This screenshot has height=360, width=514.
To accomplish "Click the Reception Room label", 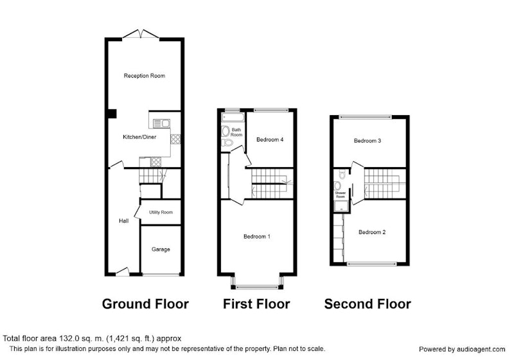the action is click(144, 76).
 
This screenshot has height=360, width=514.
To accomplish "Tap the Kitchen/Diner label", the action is click(139, 137).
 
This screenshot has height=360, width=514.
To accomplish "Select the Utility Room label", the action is click(161, 212).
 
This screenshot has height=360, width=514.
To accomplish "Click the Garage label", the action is click(161, 249).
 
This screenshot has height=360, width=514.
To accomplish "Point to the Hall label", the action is click(123, 221).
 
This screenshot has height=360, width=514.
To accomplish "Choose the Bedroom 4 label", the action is click(270, 139).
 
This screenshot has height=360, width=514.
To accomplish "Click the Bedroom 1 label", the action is click(257, 237).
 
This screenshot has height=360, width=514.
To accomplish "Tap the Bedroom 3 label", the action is click(368, 141).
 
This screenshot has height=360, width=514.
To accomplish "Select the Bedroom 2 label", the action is click(372, 232).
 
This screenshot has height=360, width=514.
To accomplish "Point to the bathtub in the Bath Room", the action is click(233, 117).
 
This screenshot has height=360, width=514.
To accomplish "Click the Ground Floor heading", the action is click(145, 304).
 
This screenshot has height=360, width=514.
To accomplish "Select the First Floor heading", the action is click(256, 304).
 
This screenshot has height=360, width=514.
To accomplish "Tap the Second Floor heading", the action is click(368, 304).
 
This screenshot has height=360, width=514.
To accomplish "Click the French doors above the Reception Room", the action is click(141, 34).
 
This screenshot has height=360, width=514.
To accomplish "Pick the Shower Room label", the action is click(341, 195).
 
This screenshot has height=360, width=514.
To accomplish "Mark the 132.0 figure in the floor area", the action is click(68, 338).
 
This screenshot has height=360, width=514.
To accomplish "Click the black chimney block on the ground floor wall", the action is click(112, 113).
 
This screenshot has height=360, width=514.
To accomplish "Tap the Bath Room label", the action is click(236, 132).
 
